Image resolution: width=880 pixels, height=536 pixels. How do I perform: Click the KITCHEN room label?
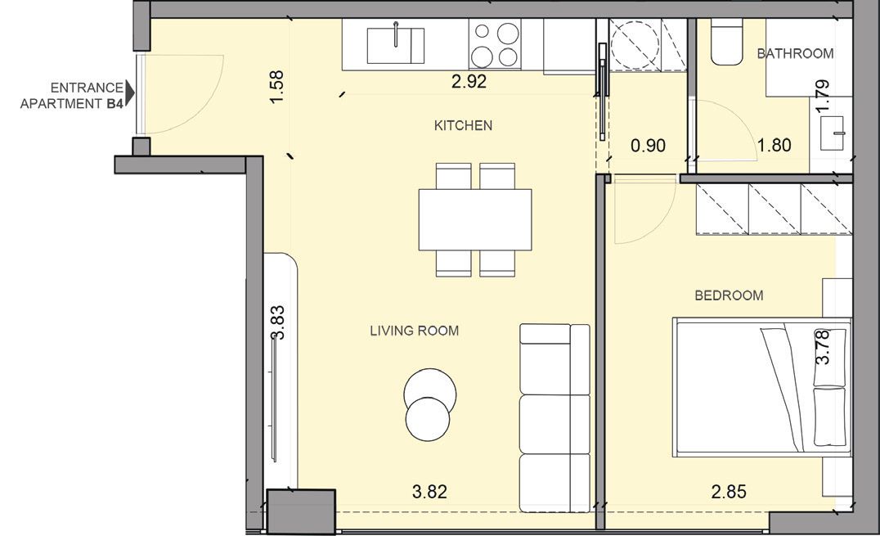pyautogui.click(x=463, y=125)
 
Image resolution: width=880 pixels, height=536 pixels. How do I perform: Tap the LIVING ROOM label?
pyautogui.click(x=414, y=331)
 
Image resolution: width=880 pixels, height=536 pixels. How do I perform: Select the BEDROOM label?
pyautogui.click(x=729, y=295)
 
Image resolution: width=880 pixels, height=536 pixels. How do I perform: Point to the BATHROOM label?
pyautogui.click(x=795, y=53)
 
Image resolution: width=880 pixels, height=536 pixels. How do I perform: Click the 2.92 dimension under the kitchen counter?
pyautogui.click(x=469, y=82)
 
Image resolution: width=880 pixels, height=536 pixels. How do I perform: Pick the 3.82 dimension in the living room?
pyautogui.click(x=429, y=492)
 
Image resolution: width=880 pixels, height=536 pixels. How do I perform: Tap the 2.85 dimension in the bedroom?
pyautogui.click(x=729, y=492)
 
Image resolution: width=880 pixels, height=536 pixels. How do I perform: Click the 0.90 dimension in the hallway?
pyautogui.click(x=649, y=146)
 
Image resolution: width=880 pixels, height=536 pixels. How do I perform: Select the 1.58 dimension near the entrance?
pyautogui.click(x=276, y=86)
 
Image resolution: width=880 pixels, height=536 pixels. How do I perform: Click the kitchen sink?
pyautogui.click(x=396, y=44)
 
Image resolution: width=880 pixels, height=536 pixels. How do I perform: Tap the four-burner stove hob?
pyautogui.click(x=495, y=44)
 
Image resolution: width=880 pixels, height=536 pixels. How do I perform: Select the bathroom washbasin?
pyautogui.click(x=833, y=133)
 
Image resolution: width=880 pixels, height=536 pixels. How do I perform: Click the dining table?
pyautogui.click(x=475, y=219)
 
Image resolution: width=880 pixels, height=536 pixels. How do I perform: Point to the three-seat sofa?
pyautogui.click(x=554, y=418)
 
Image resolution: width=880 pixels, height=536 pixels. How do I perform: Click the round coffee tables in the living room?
pyautogui.click(x=429, y=403)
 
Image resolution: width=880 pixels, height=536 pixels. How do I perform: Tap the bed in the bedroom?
pyautogui.click(x=762, y=387)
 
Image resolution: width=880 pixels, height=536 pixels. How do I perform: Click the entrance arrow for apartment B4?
pyautogui.click(x=130, y=92)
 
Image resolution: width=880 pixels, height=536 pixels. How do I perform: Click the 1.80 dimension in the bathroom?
pyautogui.click(x=774, y=145)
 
